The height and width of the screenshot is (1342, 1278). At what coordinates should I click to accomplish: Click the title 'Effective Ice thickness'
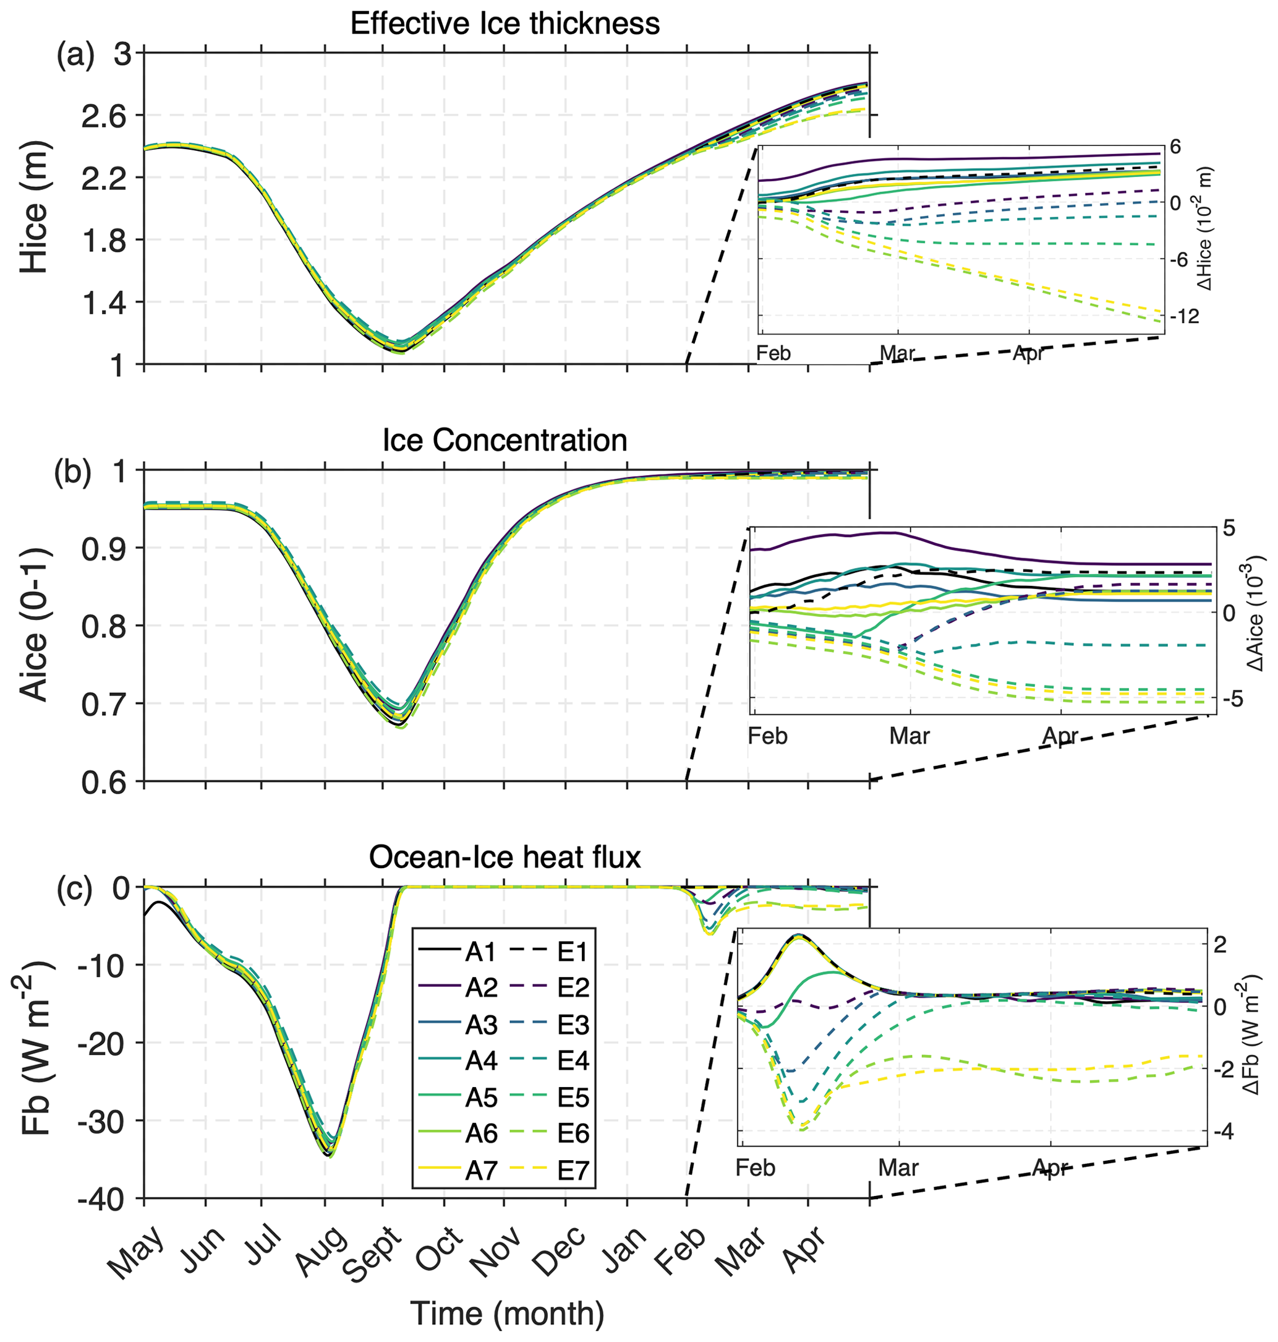point(505,24)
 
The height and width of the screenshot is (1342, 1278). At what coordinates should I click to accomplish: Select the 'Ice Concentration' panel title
point(505,441)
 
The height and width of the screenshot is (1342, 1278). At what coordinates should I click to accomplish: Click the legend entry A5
point(481,1098)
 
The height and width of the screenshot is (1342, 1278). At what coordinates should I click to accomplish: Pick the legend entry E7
point(573,1170)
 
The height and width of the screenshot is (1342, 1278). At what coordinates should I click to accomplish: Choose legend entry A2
point(481,988)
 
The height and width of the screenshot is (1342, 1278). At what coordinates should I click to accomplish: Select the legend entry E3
point(573,1025)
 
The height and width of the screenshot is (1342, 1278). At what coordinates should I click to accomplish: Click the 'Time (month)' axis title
point(507,1313)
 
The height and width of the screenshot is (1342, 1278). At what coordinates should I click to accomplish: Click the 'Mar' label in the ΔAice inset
point(910,737)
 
